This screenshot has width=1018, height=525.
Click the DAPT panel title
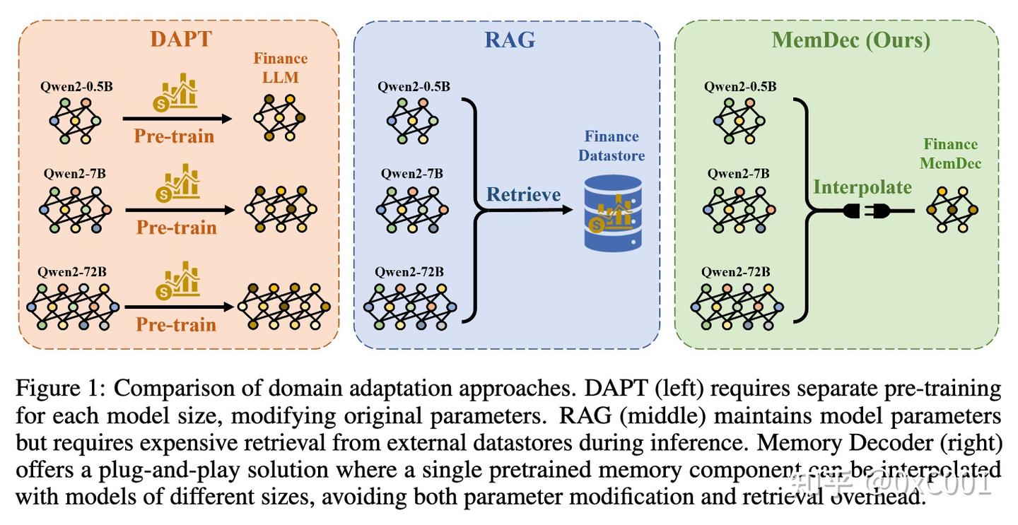click(180, 38)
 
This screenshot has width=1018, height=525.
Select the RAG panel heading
click(509, 40)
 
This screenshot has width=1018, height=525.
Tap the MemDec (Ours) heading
click(850, 40)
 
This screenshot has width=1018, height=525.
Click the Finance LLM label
click(281, 68)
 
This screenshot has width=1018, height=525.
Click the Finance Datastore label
click(612, 146)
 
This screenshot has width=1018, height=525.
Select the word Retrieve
click(523, 194)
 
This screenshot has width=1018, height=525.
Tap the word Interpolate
click(862, 187)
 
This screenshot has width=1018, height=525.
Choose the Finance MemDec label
click(950, 153)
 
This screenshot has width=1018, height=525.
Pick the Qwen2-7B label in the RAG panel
click(412, 173)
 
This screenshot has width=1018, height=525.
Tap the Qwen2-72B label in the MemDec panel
click(736, 271)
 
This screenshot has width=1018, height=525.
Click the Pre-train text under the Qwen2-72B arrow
click(175, 324)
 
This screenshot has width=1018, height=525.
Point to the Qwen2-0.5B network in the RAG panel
click(413, 120)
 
